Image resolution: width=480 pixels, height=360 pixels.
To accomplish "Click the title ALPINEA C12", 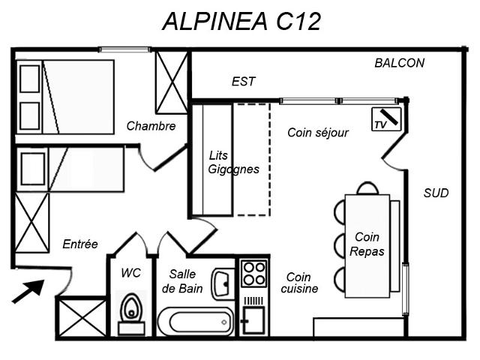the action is tap(241, 22).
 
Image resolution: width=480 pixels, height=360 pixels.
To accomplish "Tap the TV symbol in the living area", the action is tap(386, 119).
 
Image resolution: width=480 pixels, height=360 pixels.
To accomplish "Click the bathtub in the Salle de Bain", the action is tap(196, 322).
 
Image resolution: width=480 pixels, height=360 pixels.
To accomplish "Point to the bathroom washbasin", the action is tap(223, 283).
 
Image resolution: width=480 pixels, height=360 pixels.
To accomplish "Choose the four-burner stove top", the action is tap(254, 273).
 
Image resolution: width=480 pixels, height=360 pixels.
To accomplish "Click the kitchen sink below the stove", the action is tap(253, 319).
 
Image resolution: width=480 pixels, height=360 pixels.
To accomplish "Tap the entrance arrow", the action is tap(28, 292).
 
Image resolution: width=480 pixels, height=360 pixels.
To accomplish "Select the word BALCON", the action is tap(400, 63).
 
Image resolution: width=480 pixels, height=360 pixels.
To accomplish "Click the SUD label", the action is tap(436, 193).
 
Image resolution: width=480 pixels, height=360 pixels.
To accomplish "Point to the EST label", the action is tap(243, 82).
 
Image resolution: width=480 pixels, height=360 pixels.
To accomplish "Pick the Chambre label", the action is tap(151, 126).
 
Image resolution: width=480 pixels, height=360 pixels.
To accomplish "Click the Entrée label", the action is tap(80, 244).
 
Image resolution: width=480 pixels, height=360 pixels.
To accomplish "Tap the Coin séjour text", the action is tap(318, 133).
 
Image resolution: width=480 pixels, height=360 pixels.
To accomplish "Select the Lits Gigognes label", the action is tap(233, 162).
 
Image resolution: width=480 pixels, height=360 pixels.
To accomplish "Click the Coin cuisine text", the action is tap(299, 283).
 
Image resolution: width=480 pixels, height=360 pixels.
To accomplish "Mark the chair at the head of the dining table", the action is tap(367, 188).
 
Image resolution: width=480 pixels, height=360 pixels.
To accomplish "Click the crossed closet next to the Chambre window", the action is tap(172, 82).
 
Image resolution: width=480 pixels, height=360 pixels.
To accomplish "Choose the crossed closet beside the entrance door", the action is tap(82, 318).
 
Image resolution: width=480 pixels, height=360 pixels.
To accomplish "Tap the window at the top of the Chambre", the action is tap(124, 49).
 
